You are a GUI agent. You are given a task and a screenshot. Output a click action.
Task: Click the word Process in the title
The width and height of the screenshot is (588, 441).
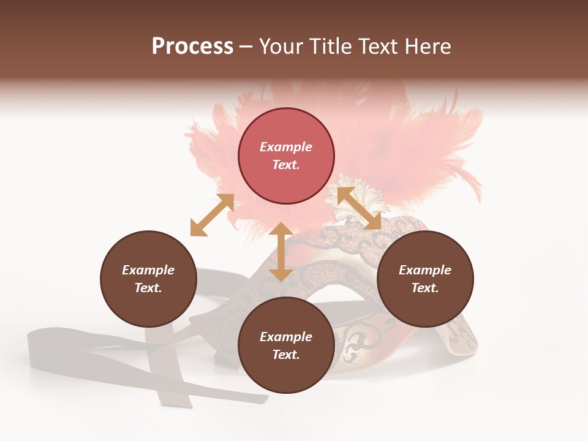pos(192,47)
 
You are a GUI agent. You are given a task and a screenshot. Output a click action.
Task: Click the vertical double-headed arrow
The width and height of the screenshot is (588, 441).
pos(281,252)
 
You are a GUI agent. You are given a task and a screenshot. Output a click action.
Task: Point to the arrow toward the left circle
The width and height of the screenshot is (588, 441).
pos(212,215)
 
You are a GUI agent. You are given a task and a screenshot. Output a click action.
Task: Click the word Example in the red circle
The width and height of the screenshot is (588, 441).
pos(286,147)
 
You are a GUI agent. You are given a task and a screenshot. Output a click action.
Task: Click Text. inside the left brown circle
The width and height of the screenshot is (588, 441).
pos(148,288)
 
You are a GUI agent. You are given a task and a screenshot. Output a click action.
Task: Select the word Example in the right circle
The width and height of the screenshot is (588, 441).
pos(425,270)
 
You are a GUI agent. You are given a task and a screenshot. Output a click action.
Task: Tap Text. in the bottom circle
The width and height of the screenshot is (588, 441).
pos(286,355)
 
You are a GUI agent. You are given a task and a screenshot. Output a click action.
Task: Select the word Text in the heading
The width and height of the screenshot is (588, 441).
pos(377,47)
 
